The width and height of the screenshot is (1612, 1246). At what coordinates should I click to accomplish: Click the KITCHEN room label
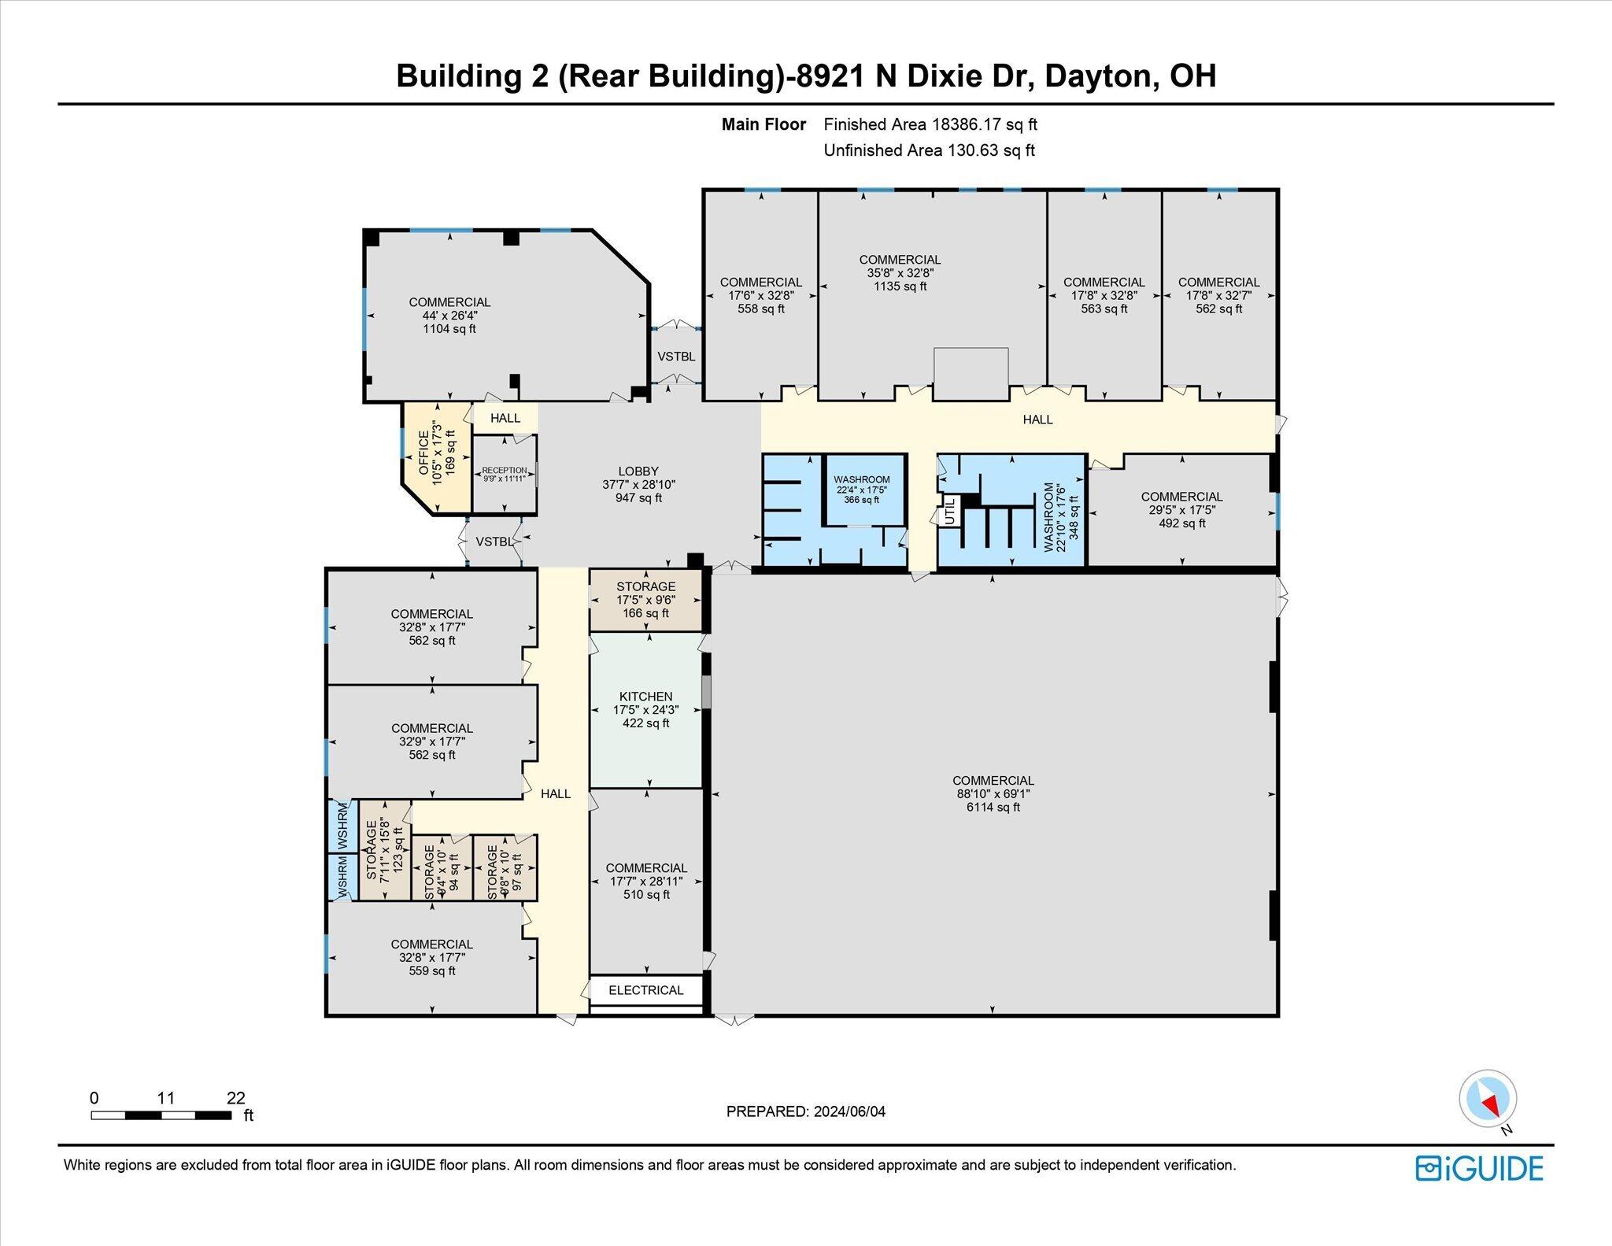coord(645,697)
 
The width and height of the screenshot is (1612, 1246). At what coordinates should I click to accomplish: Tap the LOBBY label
coord(638,471)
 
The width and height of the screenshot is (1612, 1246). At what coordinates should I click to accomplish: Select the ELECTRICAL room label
coord(645,990)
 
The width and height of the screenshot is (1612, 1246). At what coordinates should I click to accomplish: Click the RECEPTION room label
coord(505,470)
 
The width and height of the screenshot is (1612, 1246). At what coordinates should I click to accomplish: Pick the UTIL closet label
coord(949,512)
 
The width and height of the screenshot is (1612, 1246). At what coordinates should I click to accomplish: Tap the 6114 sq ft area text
coord(993,807)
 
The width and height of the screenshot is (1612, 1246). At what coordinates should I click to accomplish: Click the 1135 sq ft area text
coord(900,287)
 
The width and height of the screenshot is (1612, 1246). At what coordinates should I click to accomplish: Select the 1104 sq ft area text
coord(449,329)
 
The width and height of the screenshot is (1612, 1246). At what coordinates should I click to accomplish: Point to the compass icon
coord(1487,1100)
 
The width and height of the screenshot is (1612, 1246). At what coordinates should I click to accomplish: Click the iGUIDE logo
coord(1479,1169)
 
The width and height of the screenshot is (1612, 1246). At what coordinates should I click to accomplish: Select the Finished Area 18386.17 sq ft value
coord(985,124)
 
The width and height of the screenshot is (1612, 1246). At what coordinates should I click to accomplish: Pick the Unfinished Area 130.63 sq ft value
coord(989,150)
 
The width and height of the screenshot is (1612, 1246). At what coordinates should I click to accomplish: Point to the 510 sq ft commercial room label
coord(646,882)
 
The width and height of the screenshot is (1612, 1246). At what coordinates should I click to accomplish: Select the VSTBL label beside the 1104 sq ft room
coord(676,357)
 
